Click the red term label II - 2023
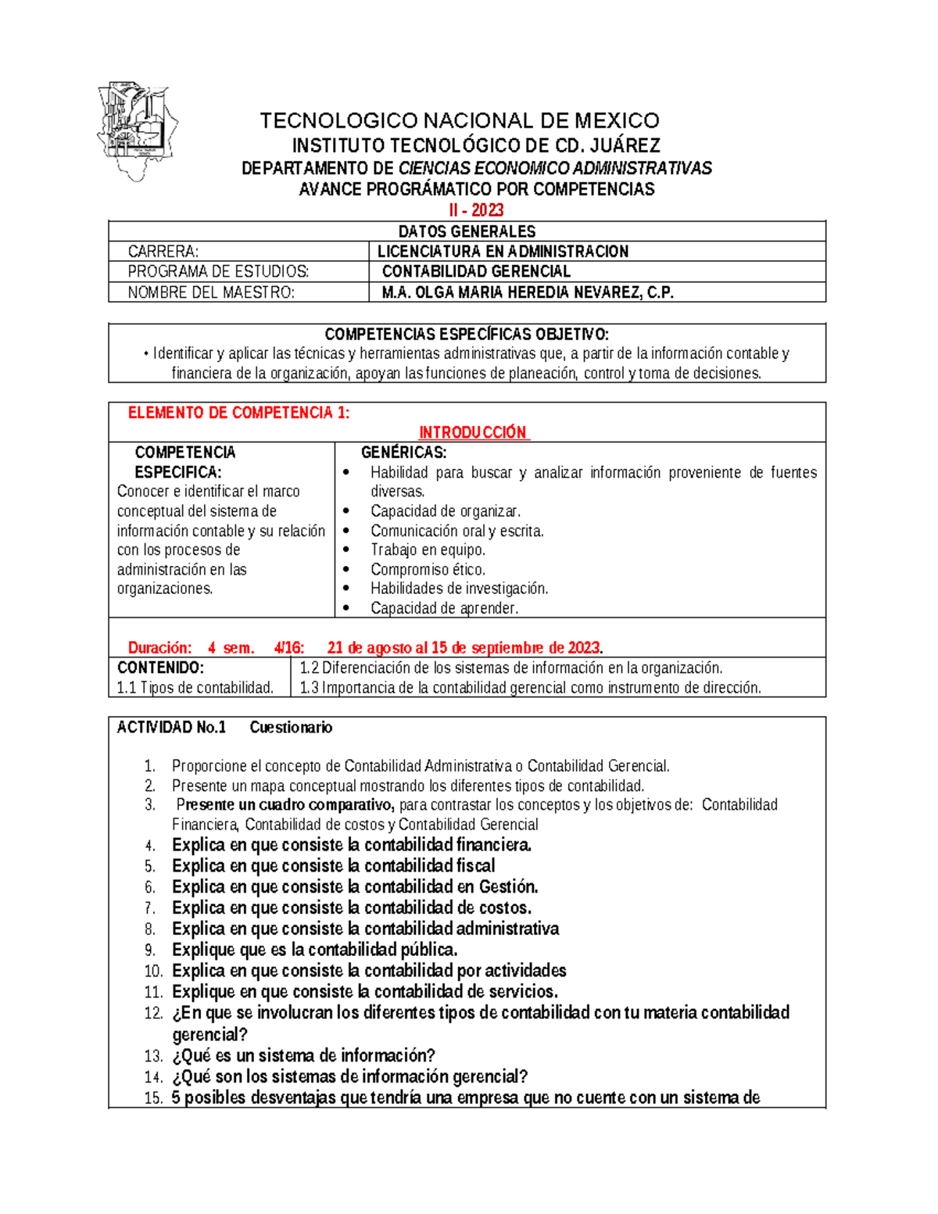475,209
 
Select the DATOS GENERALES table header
467,231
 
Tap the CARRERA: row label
163,252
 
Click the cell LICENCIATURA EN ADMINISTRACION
503,252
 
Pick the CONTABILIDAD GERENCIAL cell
476,271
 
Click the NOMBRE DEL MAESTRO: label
211,292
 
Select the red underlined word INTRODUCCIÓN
473,433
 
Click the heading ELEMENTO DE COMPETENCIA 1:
238,413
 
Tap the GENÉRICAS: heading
403,453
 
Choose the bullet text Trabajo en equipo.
428,550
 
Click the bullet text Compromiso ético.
428,569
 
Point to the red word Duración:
159,647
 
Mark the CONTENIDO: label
160,668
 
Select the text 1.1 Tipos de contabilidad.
195,688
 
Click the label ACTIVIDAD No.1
171,728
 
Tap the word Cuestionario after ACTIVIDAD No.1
291,728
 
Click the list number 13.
153,1056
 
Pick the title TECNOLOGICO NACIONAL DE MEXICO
460,120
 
